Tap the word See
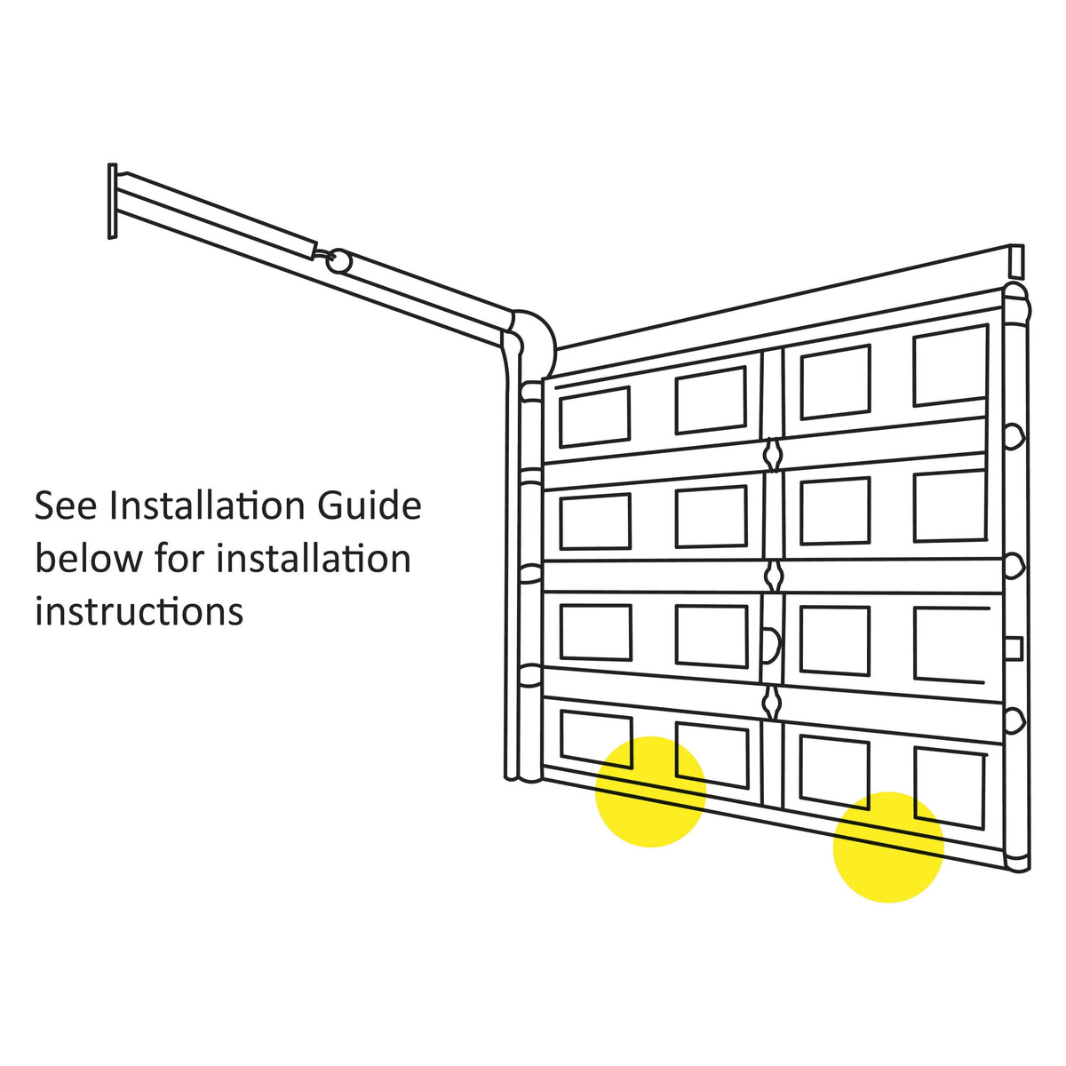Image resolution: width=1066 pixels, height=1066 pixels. point(66,505)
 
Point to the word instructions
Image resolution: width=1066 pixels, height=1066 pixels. point(139,612)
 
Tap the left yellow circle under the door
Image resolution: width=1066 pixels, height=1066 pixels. point(650,792)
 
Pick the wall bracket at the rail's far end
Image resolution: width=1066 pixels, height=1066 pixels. point(112,202)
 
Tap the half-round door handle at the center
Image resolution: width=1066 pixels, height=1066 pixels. point(773,645)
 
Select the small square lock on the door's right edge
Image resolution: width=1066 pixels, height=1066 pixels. point(1014,648)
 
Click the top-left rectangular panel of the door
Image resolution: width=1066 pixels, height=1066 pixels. point(594,418)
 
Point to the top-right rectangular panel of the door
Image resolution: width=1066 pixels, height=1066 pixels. point(950,366)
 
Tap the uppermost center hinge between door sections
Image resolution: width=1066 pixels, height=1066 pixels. point(772,455)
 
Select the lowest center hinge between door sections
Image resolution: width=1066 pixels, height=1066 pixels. point(771,703)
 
